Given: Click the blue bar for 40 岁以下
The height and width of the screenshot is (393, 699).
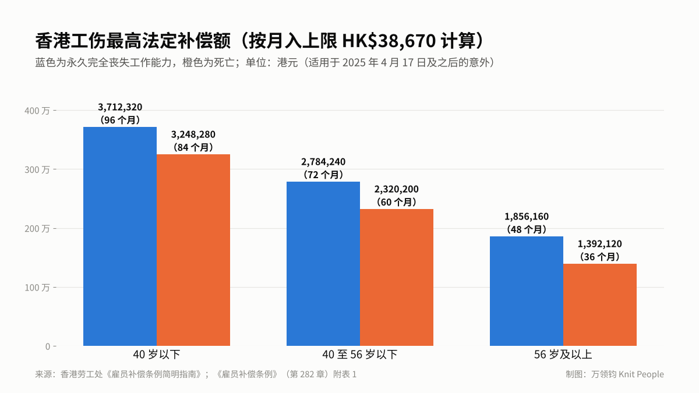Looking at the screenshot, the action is coord(120,236).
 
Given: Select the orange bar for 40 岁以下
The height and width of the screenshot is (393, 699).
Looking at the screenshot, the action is coord(193,250).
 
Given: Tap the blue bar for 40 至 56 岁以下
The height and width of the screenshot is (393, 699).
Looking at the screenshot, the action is coord(323,264).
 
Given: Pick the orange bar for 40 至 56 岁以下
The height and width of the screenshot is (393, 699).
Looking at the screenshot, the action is coord(397,277).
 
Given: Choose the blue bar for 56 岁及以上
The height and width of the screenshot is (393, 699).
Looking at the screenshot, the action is coord(527,291).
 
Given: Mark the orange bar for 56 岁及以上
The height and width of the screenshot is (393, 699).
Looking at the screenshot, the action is coord(600,305).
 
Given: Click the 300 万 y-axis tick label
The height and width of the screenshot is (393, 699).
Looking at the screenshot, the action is coord(37,169).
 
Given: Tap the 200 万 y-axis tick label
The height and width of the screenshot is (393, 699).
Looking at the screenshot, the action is coord(37,229).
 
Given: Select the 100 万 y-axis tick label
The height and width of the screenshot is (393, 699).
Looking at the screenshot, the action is coord(37,287).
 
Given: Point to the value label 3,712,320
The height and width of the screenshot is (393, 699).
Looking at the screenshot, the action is coord(120,107).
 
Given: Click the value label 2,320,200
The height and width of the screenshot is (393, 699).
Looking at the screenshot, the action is coord(397,189).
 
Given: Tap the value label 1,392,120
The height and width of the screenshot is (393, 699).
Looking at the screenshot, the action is coord(600,243).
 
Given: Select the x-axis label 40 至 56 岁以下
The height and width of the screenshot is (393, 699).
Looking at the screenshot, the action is coord(360,355).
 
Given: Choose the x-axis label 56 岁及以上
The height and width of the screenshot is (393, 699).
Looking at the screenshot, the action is coord(563,355).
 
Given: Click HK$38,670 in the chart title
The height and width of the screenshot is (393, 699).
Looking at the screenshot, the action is coord(389,41).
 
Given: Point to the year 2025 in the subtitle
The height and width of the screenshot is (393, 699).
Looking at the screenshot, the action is coord(354,62).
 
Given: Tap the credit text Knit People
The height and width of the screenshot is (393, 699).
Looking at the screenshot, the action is coord(641,374).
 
